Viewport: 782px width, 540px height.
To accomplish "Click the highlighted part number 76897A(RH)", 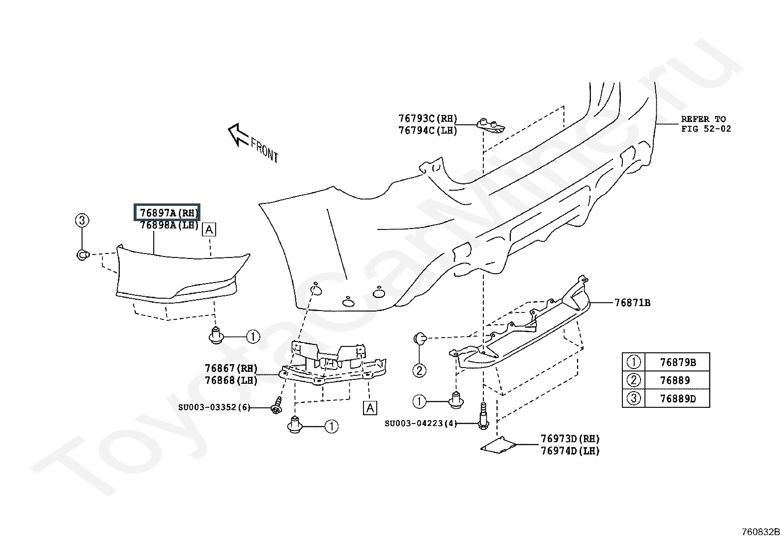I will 168,213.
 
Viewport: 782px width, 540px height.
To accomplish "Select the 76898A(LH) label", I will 168,225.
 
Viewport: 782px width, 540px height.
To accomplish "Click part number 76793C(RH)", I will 427,118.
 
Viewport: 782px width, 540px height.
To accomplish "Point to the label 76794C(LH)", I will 427,130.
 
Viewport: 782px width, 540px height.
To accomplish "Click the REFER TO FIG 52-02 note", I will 705,124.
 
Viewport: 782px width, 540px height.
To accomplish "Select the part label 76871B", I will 632,303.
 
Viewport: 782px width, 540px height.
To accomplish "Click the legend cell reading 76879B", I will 677,363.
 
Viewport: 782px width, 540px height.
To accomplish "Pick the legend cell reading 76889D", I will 677,398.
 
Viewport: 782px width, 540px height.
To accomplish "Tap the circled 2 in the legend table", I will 634,380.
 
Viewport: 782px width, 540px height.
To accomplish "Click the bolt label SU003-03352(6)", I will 214,407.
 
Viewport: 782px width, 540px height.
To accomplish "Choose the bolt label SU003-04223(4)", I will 420,423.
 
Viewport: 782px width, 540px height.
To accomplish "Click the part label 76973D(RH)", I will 570,439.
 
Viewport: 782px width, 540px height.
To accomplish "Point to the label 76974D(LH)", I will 570,451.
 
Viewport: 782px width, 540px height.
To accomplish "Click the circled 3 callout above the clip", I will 82,221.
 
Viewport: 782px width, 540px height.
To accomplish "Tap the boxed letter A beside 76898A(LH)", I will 209,229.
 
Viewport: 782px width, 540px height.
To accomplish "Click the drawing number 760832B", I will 760,532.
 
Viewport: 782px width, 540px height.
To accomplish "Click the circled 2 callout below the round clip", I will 419,370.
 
